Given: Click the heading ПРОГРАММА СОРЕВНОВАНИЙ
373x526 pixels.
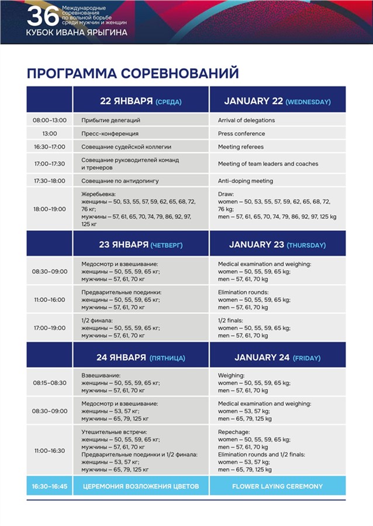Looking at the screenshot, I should click(x=133, y=73).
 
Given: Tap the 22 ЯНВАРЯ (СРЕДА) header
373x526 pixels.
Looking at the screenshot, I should click(x=141, y=101).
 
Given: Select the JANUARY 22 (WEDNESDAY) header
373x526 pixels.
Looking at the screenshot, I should click(x=277, y=101).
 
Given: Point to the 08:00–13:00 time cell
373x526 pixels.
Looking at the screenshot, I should click(x=50, y=120).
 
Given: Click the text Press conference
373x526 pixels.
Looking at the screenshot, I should click(x=241, y=134).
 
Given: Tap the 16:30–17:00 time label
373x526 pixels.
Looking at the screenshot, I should click(x=50, y=147).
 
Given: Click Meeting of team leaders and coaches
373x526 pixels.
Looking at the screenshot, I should click(x=268, y=164).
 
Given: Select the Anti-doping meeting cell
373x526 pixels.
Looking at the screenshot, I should click(x=246, y=181).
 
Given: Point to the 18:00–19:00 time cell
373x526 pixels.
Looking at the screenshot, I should click(x=50, y=209).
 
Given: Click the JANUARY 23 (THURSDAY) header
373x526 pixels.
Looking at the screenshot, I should click(x=277, y=245).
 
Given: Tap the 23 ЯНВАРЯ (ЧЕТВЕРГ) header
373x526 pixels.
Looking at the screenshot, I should click(x=141, y=245).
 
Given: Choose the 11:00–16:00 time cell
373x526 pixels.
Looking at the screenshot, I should click(x=50, y=299).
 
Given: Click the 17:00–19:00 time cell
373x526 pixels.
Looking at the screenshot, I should click(x=50, y=328).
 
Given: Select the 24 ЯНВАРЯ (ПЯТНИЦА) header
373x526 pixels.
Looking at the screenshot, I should click(x=141, y=357).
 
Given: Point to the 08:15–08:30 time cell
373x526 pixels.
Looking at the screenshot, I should click(x=50, y=383).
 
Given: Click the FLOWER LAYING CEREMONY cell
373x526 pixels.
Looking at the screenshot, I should click(x=277, y=486).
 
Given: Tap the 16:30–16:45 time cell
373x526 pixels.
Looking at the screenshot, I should click(x=50, y=486).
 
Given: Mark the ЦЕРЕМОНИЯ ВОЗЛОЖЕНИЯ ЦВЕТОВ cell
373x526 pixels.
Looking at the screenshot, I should click(x=141, y=486).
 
